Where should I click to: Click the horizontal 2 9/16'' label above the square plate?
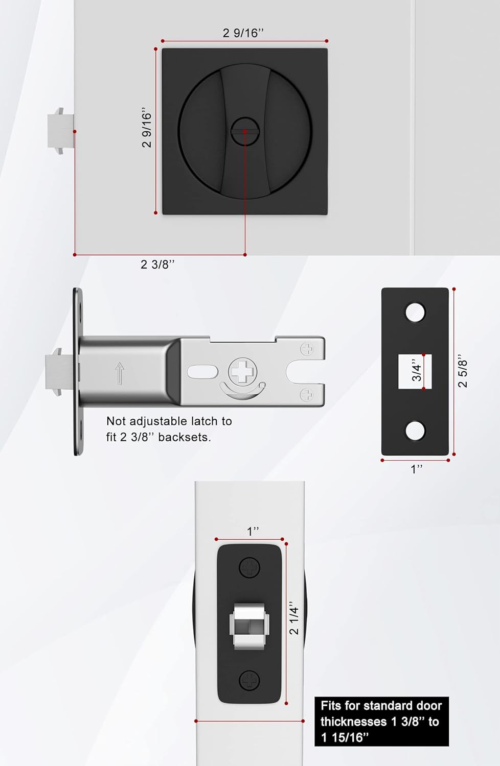click(x=243, y=33)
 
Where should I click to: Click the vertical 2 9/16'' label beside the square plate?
click(x=147, y=128)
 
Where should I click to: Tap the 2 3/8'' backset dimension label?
click(x=157, y=265)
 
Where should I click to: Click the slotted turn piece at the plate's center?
click(x=245, y=131)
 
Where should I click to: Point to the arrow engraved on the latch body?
click(x=120, y=373)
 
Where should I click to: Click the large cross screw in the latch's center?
click(x=243, y=371)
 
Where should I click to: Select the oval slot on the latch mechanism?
click(x=203, y=371)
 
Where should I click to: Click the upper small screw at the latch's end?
click(x=307, y=349)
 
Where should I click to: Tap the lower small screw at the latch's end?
click(x=307, y=394)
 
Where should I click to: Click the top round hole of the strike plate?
click(x=415, y=313)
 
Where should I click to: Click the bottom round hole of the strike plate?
click(x=415, y=430)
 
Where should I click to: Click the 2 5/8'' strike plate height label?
click(x=463, y=371)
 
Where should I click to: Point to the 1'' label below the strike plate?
click(x=417, y=469)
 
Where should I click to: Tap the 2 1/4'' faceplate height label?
click(x=294, y=620)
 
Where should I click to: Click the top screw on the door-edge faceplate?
click(x=249, y=567)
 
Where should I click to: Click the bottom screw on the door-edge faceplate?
click(x=249, y=680)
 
